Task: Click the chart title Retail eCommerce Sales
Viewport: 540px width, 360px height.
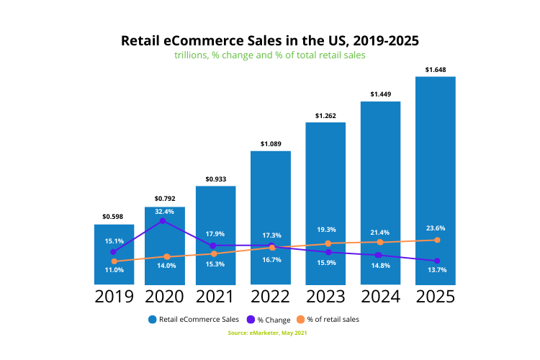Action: coord(270,40)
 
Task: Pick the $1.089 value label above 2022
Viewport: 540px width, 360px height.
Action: coord(270,144)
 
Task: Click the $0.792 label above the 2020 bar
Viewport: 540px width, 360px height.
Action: coord(164,199)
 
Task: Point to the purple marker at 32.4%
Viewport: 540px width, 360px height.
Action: coord(163,221)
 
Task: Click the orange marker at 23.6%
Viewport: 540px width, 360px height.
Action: coord(436,240)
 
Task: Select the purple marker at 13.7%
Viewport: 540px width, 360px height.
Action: coord(436,261)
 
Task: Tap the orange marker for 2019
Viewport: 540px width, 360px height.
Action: coord(114,261)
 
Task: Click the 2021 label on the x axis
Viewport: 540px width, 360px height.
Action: coord(215,297)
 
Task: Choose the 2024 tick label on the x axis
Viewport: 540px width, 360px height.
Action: coord(380,297)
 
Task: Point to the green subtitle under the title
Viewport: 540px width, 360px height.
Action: coord(270,55)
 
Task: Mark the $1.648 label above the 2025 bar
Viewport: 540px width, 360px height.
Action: coord(436,70)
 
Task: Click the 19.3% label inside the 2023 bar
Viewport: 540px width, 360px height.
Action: coord(325,230)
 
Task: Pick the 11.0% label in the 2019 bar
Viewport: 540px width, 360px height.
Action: coord(114,270)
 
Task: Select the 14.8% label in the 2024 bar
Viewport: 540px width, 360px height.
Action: coord(380,265)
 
